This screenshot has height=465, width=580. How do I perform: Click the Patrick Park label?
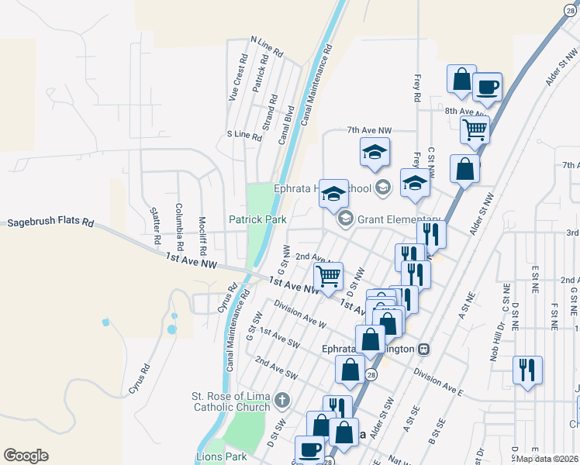click(x=257, y=220)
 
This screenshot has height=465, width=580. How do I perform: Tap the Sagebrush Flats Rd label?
click(x=50, y=222)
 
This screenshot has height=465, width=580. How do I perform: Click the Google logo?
click(x=26, y=456)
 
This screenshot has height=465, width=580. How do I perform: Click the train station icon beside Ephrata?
click(x=423, y=349)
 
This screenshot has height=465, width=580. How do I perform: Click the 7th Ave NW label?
click(x=370, y=129)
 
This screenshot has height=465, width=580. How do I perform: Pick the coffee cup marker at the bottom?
click(x=310, y=449)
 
